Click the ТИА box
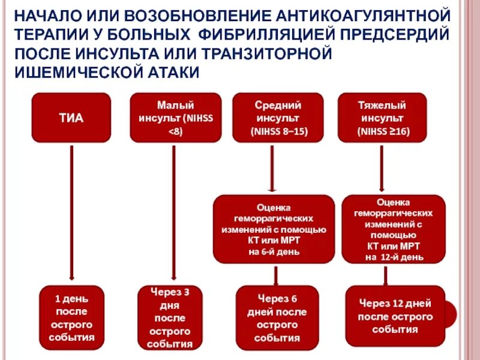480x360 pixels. pos(71,118)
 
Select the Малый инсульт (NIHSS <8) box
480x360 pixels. pos(175,118)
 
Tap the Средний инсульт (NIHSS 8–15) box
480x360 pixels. pos(277,118)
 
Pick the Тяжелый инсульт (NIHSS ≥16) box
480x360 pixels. pos(382,118)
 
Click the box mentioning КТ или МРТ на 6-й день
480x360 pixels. pos(274,229)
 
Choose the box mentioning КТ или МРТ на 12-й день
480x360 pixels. pos(394,229)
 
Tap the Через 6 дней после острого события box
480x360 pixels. pos(276,317)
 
